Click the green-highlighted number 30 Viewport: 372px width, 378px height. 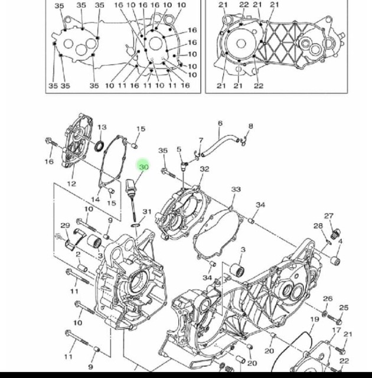[144, 167]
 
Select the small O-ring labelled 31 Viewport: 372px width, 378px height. [135, 225]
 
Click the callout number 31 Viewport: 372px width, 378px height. [147, 211]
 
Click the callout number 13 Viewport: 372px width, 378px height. [102, 127]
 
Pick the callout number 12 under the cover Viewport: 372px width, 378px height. [71, 184]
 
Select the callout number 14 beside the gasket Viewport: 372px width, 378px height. [96, 200]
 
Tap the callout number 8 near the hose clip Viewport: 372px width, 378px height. [251, 126]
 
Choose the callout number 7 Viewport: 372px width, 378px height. [201, 141]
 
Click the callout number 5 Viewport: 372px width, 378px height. [179, 149]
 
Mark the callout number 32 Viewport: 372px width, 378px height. [204, 169]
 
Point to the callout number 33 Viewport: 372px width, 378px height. [236, 189]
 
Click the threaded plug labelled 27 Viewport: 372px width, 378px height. [335, 234]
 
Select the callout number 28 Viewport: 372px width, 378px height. [318, 226]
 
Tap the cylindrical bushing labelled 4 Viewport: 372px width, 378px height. [335, 261]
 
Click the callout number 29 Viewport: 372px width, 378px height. [65, 226]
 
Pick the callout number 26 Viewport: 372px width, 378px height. [328, 299]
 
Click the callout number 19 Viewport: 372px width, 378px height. [314, 319]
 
